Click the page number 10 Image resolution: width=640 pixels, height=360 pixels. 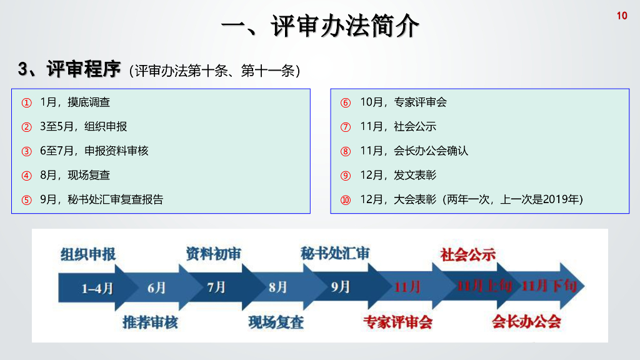click(622, 16)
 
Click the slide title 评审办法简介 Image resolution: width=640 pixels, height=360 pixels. click(320, 26)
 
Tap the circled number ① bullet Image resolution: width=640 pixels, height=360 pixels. click(26, 102)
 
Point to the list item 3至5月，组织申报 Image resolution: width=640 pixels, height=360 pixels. click(83, 126)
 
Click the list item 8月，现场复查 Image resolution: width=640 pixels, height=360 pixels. click(74, 175)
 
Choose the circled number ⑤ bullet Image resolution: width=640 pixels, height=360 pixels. click(26, 200)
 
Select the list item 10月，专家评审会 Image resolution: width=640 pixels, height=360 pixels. click(403, 102)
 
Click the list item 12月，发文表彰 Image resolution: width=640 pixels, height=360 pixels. click(398, 175)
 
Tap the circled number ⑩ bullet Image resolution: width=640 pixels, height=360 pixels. click(346, 200)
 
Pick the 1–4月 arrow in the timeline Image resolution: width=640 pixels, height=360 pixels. click(97, 288)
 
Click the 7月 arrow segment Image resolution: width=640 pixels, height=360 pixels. click(216, 287)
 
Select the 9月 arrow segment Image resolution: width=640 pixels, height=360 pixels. click(341, 287)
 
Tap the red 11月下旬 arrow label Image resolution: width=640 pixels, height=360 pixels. click(549, 286)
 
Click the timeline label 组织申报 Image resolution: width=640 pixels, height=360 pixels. click(88, 254)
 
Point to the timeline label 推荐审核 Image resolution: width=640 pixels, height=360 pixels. click(151, 322)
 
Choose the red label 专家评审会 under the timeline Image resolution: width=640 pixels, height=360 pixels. click(398, 322)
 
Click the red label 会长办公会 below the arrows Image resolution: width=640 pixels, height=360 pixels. click(526, 322)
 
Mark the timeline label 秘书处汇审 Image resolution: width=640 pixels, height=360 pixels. click(335, 253)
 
